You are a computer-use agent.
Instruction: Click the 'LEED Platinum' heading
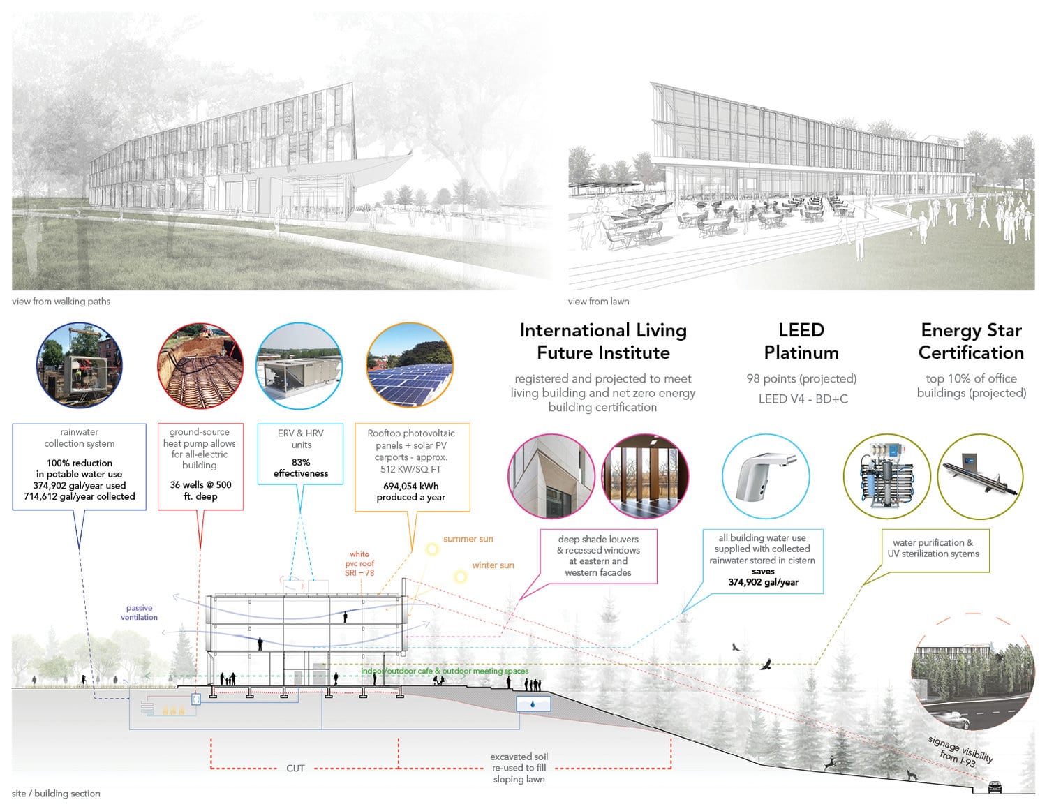click(801, 341)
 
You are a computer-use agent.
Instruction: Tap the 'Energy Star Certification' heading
click(971, 341)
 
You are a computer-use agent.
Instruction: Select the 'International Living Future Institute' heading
click(603, 341)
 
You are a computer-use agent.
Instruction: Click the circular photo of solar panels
click(410, 365)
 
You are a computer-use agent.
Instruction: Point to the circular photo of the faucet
click(766, 476)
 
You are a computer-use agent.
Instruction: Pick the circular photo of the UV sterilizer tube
click(980, 476)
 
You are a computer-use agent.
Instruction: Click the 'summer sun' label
click(468, 539)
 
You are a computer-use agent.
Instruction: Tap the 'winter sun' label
click(493, 565)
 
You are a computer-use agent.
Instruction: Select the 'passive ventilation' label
click(139, 612)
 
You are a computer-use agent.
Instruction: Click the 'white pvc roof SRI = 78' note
click(359, 563)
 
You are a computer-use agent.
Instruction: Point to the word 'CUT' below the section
click(295, 768)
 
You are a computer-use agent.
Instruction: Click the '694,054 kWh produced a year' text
click(410, 491)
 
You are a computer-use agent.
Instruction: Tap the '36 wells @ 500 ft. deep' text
click(200, 491)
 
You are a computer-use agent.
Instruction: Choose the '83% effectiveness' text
click(301, 468)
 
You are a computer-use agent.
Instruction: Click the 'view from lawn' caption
click(598, 301)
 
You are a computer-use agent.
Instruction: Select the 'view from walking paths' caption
click(61, 301)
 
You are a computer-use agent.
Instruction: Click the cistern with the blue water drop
click(533, 704)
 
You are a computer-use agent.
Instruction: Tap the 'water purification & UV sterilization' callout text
click(933, 549)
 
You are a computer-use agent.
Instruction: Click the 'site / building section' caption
click(56, 794)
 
